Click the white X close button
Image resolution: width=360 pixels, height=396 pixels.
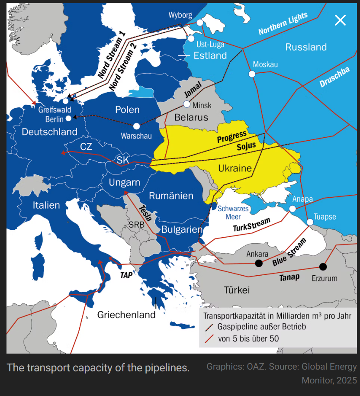[341, 20]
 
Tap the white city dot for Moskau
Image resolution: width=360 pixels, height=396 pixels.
[252, 74]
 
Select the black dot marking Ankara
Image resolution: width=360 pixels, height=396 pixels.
[259, 263]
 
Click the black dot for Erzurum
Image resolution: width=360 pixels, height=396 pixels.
[323, 267]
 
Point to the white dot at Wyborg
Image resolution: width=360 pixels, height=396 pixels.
[199, 23]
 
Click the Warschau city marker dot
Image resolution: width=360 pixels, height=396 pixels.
[137, 126]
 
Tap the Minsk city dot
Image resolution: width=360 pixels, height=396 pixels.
[187, 104]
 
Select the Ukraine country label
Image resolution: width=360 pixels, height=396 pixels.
[235, 168]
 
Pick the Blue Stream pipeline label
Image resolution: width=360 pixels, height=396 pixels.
[289, 252]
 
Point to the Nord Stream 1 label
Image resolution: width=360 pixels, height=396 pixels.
[111, 55]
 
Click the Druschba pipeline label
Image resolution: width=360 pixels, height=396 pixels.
[334, 78]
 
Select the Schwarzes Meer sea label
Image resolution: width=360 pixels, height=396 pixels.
[233, 212]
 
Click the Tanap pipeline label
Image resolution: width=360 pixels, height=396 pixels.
[289, 277]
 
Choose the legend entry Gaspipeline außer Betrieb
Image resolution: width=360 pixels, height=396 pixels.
[261, 327]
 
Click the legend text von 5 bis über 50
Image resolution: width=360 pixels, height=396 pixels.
[248, 339]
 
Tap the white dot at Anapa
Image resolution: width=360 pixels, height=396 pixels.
[292, 209]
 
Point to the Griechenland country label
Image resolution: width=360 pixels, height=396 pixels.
[126, 315]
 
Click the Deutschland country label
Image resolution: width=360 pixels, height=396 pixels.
[49, 132]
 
